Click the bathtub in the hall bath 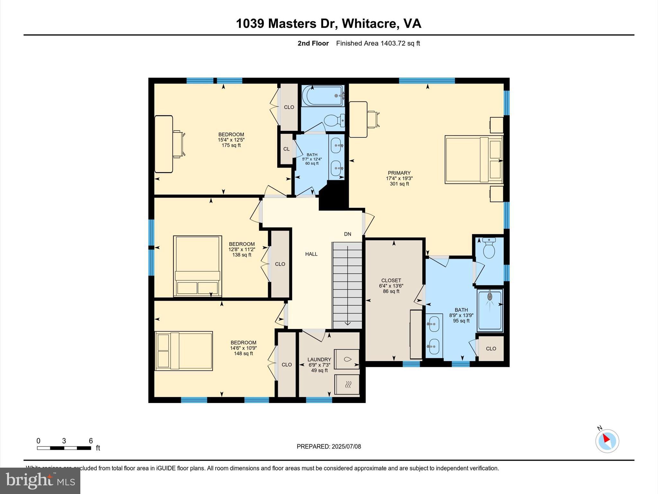point(323,95)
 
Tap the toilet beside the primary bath point(489,249)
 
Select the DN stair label point(347,234)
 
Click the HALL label point(311,254)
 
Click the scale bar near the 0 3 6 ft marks point(64,448)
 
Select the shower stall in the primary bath point(490,310)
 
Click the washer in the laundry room point(347,359)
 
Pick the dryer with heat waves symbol point(347,384)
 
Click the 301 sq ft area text point(399,184)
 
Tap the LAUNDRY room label point(319,360)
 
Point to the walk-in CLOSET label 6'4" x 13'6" point(391,280)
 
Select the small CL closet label point(286,149)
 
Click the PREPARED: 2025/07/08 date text point(329,446)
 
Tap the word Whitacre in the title point(368,23)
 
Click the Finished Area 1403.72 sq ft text point(378,43)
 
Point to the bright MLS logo point(40,480)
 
